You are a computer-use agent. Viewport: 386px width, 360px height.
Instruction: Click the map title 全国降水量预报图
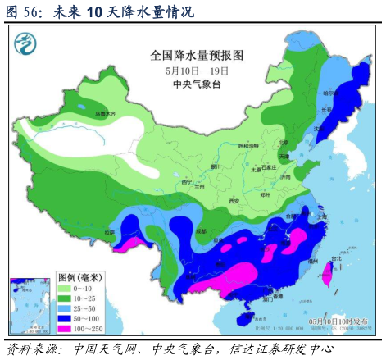pos(197,56)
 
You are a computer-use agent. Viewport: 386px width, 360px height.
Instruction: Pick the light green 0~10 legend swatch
pos(65,289)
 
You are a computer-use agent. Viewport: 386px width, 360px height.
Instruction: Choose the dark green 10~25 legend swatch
pos(65,300)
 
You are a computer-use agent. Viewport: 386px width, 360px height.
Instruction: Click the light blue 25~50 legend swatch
pos(65,312)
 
